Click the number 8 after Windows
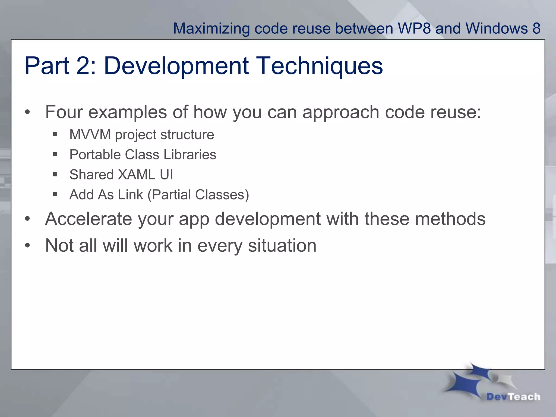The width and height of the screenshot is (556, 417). coord(536,28)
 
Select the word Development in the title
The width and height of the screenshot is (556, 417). coord(176,66)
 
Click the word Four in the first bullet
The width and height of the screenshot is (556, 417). coord(64,112)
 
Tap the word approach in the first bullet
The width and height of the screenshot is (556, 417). coord(341,112)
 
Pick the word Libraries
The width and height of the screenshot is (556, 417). coord(190,155)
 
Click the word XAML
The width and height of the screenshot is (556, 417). coord(137,175)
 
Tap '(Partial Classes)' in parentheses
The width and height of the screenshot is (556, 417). coord(198,195)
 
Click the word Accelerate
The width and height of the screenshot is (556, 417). coord(88,219)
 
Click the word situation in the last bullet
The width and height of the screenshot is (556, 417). coord(282,246)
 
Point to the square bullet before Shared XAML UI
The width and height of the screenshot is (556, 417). coord(55,174)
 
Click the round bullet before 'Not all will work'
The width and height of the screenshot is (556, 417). coord(27,245)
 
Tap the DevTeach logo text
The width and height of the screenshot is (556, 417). coord(513,397)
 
